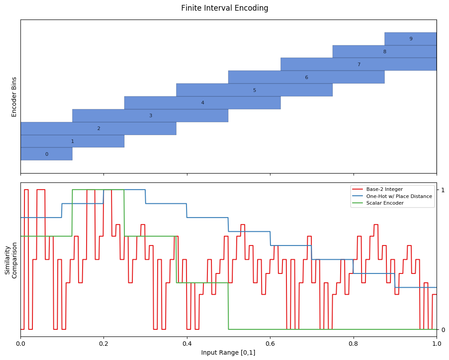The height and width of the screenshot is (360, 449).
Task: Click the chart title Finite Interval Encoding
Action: pyautogui.click(x=225, y=8)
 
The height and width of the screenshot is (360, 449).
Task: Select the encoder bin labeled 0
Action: pyautogui.click(x=46, y=154)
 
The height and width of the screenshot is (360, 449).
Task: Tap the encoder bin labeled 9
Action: pyautogui.click(x=411, y=39)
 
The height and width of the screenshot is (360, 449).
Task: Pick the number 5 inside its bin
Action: pyautogui.click(x=254, y=90)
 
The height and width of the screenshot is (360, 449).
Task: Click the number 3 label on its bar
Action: pyautogui.click(x=151, y=115)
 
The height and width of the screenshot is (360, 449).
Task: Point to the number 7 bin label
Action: pyautogui.click(x=359, y=64)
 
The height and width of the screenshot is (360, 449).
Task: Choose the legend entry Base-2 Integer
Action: pyautogui.click(x=384, y=189)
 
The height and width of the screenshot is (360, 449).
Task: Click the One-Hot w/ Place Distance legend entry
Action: pyautogui.click(x=399, y=196)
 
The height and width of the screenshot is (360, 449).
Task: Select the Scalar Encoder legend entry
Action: pyautogui.click(x=385, y=203)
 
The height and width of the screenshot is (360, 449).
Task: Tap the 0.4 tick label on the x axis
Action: pyautogui.click(x=187, y=343)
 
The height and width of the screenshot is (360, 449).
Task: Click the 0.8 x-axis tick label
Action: pyautogui.click(x=354, y=343)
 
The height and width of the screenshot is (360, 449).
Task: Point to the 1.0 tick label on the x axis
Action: pyautogui.click(x=437, y=343)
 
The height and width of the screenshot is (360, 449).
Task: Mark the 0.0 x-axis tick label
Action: pyautogui.click(x=20, y=343)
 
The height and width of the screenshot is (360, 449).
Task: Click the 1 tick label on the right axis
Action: pyautogui.click(x=443, y=190)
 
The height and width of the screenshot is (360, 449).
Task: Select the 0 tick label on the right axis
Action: pyautogui.click(x=443, y=330)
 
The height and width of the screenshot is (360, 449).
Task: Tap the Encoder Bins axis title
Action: pyautogui.click(x=14, y=97)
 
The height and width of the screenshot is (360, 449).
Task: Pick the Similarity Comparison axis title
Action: pyautogui.click(x=11, y=260)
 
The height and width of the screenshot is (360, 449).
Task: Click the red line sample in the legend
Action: pyautogui.click(x=358, y=189)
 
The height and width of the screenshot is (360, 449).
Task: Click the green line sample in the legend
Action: pyautogui.click(x=358, y=203)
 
